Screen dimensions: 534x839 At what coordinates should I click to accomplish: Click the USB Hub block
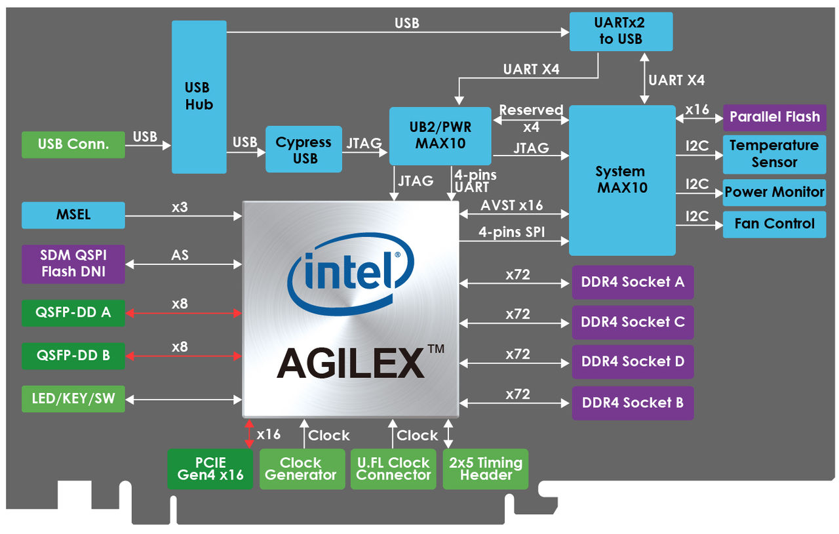click(x=199, y=96)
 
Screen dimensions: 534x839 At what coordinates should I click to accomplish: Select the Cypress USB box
click(x=303, y=150)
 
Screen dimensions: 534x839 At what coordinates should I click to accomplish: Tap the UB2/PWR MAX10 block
click(x=440, y=136)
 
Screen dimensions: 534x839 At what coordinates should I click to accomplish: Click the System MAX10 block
click(x=621, y=180)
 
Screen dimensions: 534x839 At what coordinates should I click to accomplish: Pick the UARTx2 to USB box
click(x=621, y=31)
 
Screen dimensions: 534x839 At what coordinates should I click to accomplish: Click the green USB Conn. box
click(x=73, y=144)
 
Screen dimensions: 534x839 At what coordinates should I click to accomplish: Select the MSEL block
click(x=73, y=215)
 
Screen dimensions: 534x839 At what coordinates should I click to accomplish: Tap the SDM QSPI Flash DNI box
click(x=73, y=264)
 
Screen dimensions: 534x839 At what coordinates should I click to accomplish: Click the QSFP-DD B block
click(x=73, y=356)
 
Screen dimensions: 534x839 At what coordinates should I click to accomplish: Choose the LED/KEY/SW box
click(x=73, y=399)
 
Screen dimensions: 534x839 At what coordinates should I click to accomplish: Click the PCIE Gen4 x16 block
click(x=210, y=468)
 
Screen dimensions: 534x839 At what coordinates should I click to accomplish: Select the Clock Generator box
click(x=301, y=468)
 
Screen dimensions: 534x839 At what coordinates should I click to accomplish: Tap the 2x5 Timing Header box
click(x=486, y=468)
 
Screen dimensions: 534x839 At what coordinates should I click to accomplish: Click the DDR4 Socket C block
click(x=633, y=322)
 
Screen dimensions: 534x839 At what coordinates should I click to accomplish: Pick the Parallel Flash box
click(x=774, y=117)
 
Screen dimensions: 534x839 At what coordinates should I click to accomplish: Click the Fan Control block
click(x=774, y=224)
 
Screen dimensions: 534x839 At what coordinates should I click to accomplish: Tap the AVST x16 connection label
click(x=511, y=205)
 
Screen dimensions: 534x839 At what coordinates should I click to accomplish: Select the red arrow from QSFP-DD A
click(x=184, y=314)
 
